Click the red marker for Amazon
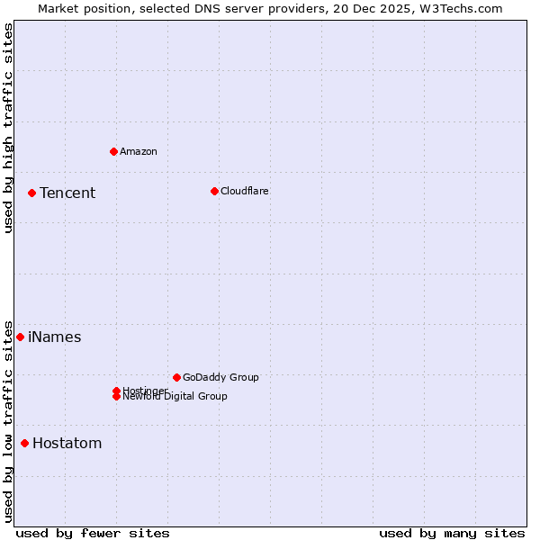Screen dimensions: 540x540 click(x=113, y=151)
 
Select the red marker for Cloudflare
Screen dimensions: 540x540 click(x=214, y=191)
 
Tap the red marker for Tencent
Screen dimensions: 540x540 click(x=31, y=193)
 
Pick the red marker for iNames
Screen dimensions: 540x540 click(x=20, y=337)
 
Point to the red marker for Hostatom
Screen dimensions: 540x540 click(x=24, y=443)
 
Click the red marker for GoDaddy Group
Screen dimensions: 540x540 click(x=176, y=377)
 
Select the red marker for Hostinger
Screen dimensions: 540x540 click(x=116, y=391)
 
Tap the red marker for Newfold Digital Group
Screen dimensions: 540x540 click(x=116, y=397)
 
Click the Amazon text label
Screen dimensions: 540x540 click(x=139, y=151)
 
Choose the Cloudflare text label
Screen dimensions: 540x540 click(x=245, y=191)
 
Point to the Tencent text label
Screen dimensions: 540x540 click(x=67, y=193)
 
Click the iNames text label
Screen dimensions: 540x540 click(x=55, y=337)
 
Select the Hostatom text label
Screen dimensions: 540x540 click(x=67, y=443)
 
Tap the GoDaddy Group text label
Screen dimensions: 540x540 click(x=220, y=377)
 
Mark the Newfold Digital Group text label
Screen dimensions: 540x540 click(x=175, y=397)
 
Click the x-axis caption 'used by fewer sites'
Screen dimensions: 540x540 click(x=93, y=533)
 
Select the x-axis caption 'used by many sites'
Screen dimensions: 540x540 click(x=452, y=533)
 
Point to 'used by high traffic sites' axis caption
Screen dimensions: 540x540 click(x=8, y=128)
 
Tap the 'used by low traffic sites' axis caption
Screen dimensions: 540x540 click(x=8, y=420)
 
